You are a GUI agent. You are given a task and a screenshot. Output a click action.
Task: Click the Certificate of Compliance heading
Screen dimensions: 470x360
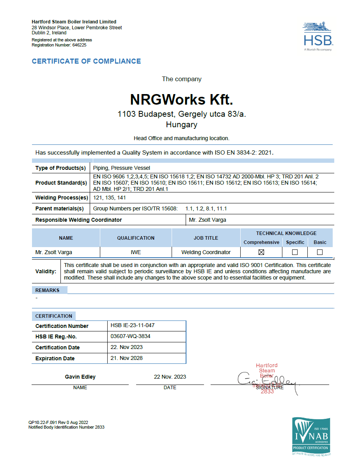click(x=86, y=61)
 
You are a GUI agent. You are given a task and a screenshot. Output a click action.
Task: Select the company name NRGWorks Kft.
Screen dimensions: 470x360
click(x=181, y=100)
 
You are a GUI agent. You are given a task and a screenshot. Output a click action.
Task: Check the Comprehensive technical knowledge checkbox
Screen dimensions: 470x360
click(x=261, y=252)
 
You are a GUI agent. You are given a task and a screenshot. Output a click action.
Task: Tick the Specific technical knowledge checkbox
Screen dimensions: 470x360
click(x=295, y=252)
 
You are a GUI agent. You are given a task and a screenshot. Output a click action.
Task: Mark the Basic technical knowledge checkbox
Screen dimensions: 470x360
click(x=320, y=252)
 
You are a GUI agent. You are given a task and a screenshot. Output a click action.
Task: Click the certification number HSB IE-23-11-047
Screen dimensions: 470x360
click(x=133, y=325)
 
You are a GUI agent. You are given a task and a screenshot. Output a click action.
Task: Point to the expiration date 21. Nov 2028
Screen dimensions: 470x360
click(x=126, y=358)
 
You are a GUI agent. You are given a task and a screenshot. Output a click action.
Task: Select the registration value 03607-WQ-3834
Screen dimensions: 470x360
click(x=130, y=336)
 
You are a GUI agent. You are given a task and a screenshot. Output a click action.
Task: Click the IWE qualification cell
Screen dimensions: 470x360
click(x=136, y=252)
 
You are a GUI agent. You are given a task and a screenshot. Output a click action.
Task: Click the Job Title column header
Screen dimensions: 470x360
click(x=206, y=238)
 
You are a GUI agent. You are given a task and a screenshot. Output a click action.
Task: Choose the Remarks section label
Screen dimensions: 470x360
click(x=48, y=290)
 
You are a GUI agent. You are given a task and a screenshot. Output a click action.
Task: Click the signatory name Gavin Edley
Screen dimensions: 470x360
click(x=80, y=377)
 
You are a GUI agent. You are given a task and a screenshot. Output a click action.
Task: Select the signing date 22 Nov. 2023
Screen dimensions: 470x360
click(x=170, y=377)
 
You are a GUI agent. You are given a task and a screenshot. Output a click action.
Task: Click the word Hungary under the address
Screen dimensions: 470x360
click(x=181, y=125)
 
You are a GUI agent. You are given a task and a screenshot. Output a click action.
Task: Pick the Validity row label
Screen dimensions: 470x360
click(x=46, y=271)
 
